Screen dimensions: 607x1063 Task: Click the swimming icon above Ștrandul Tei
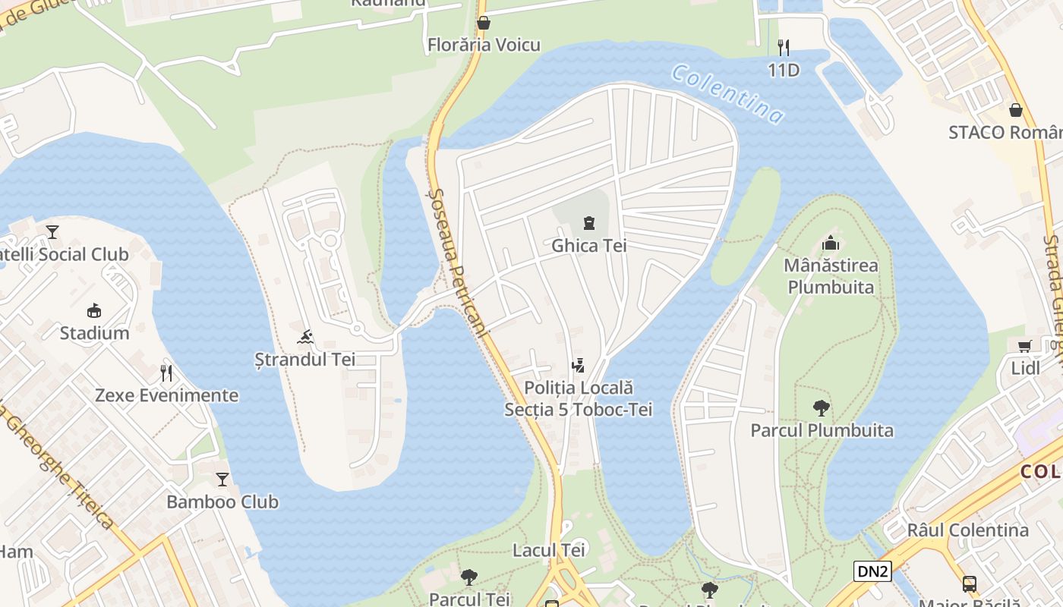pos(306,337)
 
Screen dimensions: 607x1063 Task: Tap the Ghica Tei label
pos(588,246)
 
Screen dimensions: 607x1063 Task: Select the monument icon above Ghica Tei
pos(588,223)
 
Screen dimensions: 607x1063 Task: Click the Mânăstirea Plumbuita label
pos(831,276)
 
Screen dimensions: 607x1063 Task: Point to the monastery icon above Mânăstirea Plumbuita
pos(831,244)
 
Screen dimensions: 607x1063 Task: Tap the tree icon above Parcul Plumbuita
pos(821,408)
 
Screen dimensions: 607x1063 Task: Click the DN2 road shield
pos(872,571)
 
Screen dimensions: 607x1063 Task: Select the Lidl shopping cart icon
pos(1024,347)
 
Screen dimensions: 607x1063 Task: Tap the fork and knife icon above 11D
pos(784,48)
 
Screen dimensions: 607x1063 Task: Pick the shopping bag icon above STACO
pos(1016,110)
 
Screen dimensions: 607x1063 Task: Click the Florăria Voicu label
pos(484,45)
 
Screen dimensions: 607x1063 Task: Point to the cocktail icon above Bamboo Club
pos(222,480)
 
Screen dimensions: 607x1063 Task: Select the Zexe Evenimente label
pos(166,395)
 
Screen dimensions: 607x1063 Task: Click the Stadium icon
pos(95,310)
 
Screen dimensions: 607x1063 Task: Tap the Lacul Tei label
pos(549,550)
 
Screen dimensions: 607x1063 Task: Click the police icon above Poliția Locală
pos(579,366)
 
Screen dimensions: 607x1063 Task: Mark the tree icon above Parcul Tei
pos(469,577)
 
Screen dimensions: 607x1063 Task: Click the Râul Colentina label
pos(967,530)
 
